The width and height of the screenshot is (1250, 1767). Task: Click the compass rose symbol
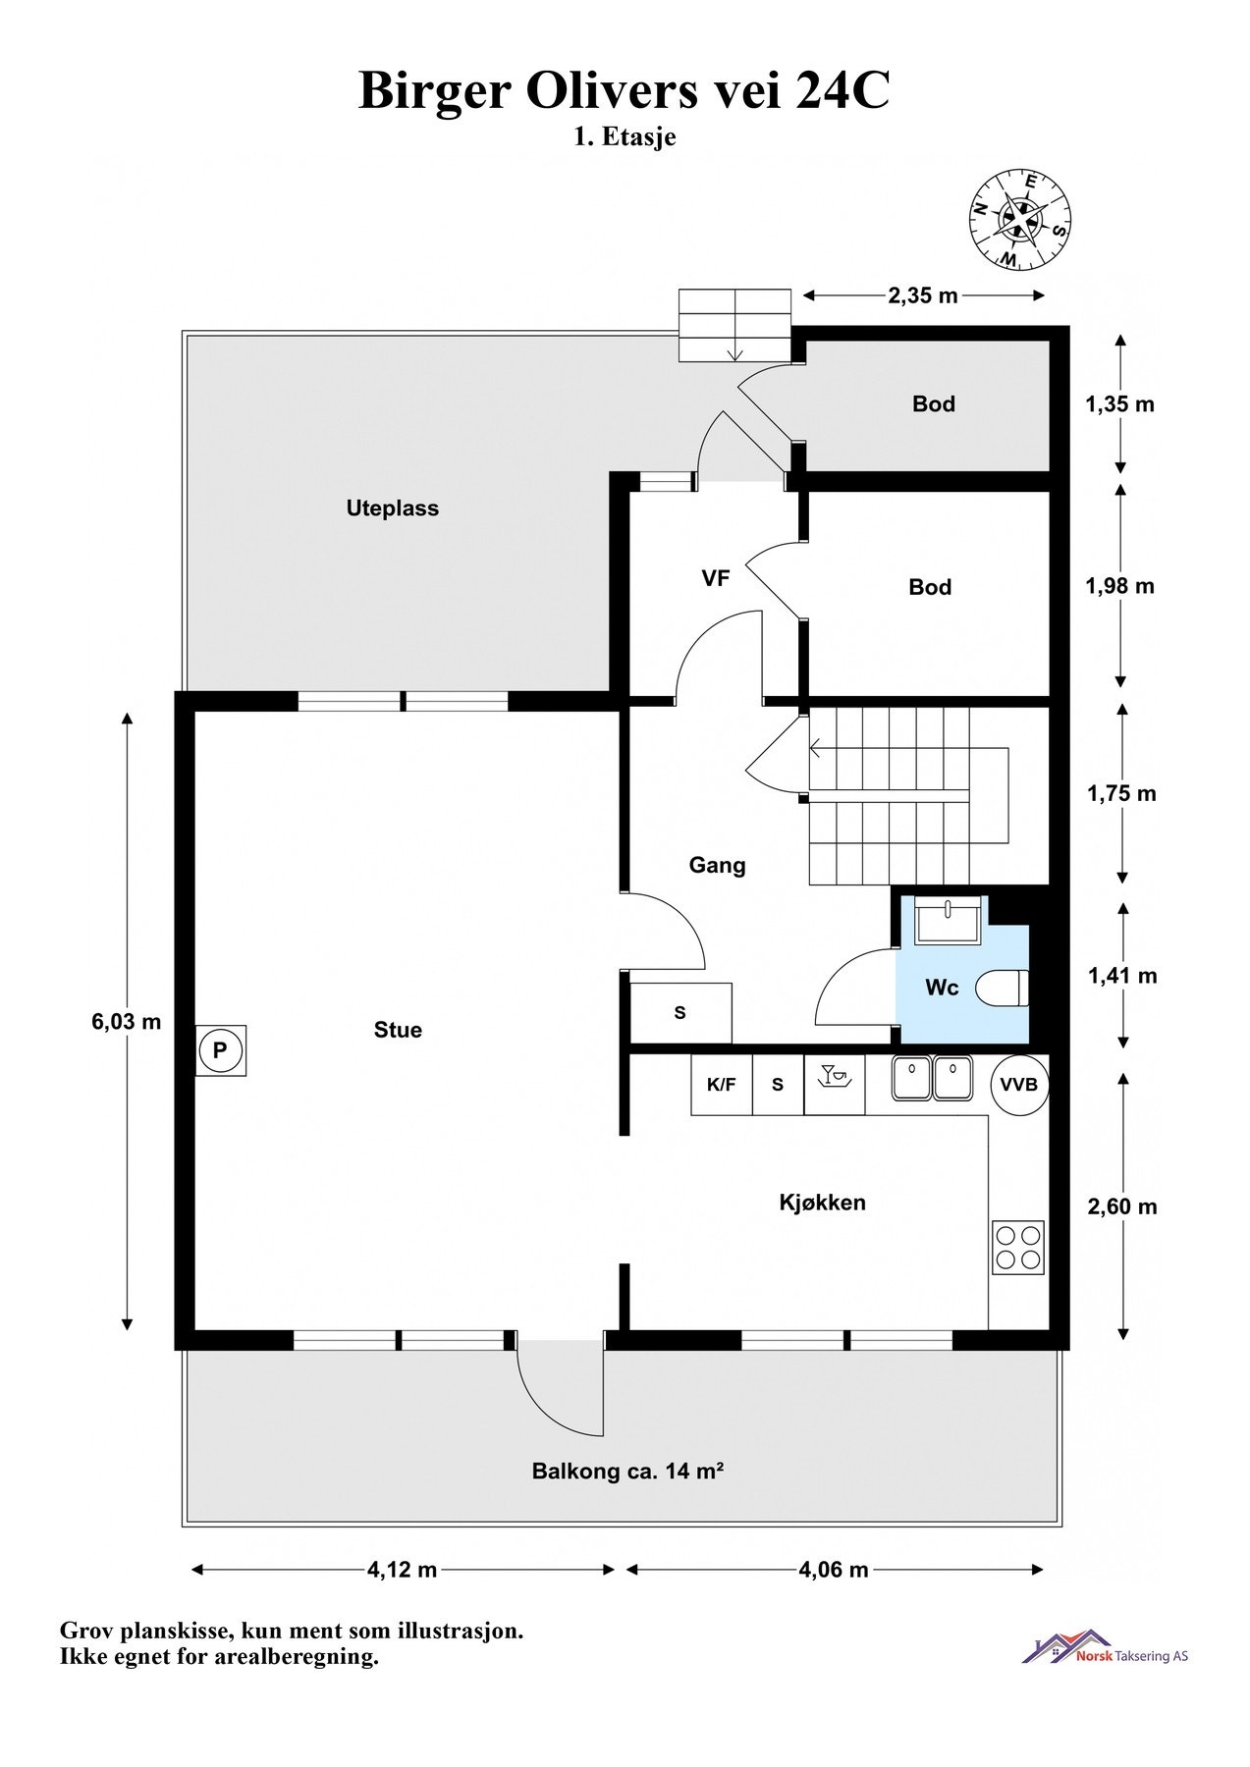pyautogui.click(x=1019, y=219)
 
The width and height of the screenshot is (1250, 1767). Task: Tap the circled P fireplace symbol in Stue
pyautogui.click(x=220, y=1051)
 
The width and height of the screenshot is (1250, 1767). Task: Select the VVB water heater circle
pyautogui.click(x=1018, y=1085)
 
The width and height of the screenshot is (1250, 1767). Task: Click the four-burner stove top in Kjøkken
pyautogui.click(x=1017, y=1247)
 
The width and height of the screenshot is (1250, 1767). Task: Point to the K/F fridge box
pyautogui.click(x=722, y=1085)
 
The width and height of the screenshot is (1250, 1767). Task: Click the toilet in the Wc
pyautogui.click(x=1003, y=988)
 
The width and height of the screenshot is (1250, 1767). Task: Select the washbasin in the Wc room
pyautogui.click(x=948, y=920)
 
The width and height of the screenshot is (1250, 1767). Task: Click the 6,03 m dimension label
pyautogui.click(x=127, y=1021)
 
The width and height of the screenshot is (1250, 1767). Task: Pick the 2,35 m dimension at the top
pyautogui.click(x=923, y=295)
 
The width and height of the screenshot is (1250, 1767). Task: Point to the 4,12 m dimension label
pyautogui.click(x=403, y=1570)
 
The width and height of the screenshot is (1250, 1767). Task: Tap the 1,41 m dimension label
pyautogui.click(x=1122, y=976)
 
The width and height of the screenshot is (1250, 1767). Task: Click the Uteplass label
pyautogui.click(x=393, y=509)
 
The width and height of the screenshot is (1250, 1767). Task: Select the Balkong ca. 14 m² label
pyautogui.click(x=628, y=1472)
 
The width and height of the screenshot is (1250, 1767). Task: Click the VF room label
pyautogui.click(x=716, y=578)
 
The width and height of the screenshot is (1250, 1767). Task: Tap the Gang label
pyautogui.click(x=717, y=866)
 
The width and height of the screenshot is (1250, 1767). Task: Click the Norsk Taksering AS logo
pyautogui.click(x=1105, y=1648)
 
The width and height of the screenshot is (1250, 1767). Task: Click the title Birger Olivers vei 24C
pyautogui.click(x=625, y=90)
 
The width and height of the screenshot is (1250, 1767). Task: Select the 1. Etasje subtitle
pyautogui.click(x=625, y=138)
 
